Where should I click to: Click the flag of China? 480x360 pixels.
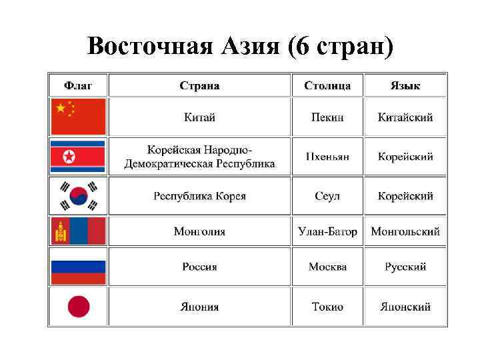click(x=78, y=117)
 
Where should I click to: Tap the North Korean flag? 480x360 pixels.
click(x=78, y=157)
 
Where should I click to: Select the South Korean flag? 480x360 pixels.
click(x=78, y=196)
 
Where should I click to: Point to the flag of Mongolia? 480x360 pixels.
click(x=78, y=231)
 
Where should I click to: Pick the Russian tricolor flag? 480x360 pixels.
click(x=78, y=267)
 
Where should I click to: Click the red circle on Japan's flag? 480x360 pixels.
click(x=78, y=307)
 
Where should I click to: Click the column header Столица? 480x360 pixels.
click(x=327, y=85)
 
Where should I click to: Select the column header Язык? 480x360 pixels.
click(x=405, y=85)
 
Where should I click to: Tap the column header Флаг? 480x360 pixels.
click(x=78, y=85)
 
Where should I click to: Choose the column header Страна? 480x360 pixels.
click(x=199, y=85)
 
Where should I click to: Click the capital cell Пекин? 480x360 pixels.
click(x=327, y=117)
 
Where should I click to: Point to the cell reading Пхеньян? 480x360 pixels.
click(x=327, y=157)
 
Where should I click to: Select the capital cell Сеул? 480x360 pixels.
click(x=327, y=196)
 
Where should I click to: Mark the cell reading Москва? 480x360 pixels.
click(x=327, y=267)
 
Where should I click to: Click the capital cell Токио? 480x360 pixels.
click(x=327, y=307)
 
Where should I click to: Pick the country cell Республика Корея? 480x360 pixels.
click(x=199, y=196)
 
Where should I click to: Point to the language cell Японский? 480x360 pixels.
click(x=405, y=307)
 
